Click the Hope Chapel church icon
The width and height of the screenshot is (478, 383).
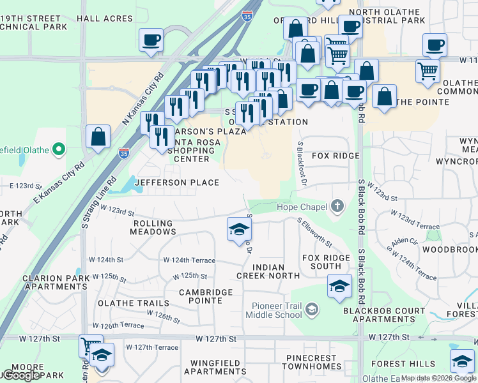[337, 206]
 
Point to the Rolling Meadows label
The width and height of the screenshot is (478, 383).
[153, 228]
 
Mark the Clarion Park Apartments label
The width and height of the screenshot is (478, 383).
[54, 283]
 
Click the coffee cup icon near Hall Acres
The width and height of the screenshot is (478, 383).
[151, 41]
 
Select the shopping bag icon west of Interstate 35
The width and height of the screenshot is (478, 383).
[98, 137]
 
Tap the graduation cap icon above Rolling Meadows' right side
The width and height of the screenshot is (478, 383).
[239, 229]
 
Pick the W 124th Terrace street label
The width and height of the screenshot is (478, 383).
[189, 260]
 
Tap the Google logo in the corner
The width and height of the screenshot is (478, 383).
[21, 375]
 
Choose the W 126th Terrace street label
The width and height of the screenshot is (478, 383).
[122, 326]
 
